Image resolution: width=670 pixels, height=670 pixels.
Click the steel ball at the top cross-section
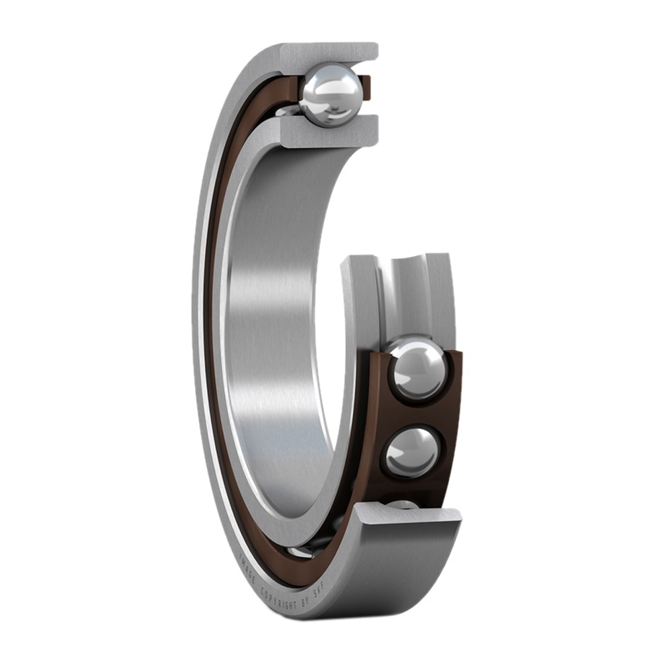331,94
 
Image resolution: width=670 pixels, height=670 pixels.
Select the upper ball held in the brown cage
418,369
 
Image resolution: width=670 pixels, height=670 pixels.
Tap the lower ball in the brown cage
412,452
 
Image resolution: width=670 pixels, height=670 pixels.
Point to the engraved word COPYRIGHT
278,598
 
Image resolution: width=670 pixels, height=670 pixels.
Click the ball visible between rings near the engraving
301,551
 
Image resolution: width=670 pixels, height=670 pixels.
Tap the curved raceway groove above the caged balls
402,295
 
